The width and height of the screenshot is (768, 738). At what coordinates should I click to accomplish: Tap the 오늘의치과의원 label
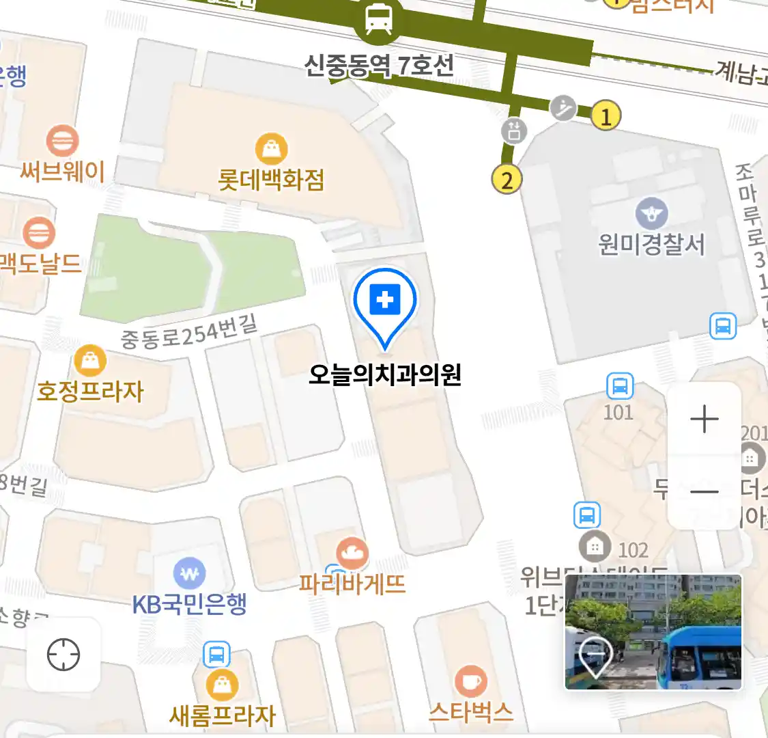pyautogui.click(x=384, y=374)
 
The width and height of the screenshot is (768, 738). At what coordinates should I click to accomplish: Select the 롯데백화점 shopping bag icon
pyautogui.click(x=271, y=148)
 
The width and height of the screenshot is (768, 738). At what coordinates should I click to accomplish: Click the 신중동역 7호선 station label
pyautogui.click(x=378, y=66)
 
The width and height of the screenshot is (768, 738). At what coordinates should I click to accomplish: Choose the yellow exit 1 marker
pyautogui.click(x=606, y=115)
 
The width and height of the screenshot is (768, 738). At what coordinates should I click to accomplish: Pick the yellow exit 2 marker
pyautogui.click(x=507, y=180)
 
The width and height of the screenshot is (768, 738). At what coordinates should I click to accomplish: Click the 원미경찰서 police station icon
pyautogui.click(x=651, y=213)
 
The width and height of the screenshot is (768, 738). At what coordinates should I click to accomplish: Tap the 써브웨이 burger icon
pyautogui.click(x=62, y=141)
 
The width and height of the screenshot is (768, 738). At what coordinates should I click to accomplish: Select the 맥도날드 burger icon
pyautogui.click(x=39, y=233)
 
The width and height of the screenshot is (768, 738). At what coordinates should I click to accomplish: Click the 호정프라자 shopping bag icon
pyautogui.click(x=90, y=360)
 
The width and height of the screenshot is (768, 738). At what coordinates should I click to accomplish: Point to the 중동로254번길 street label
pyautogui.click(x=189, y=333)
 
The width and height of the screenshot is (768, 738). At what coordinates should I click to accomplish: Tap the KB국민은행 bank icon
pyautogui.click(x=189, y=574)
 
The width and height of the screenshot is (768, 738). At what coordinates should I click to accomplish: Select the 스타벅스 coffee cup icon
pyautogui.click(x=470, y=681)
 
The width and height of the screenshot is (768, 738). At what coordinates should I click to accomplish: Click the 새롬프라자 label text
pyautogui.click(x=223, y=715)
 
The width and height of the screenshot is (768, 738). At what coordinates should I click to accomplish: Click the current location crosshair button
pyautogui.click(x=63, y=655)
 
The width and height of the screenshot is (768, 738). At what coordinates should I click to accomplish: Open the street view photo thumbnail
pyautogui.click(x=653, y=631)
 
